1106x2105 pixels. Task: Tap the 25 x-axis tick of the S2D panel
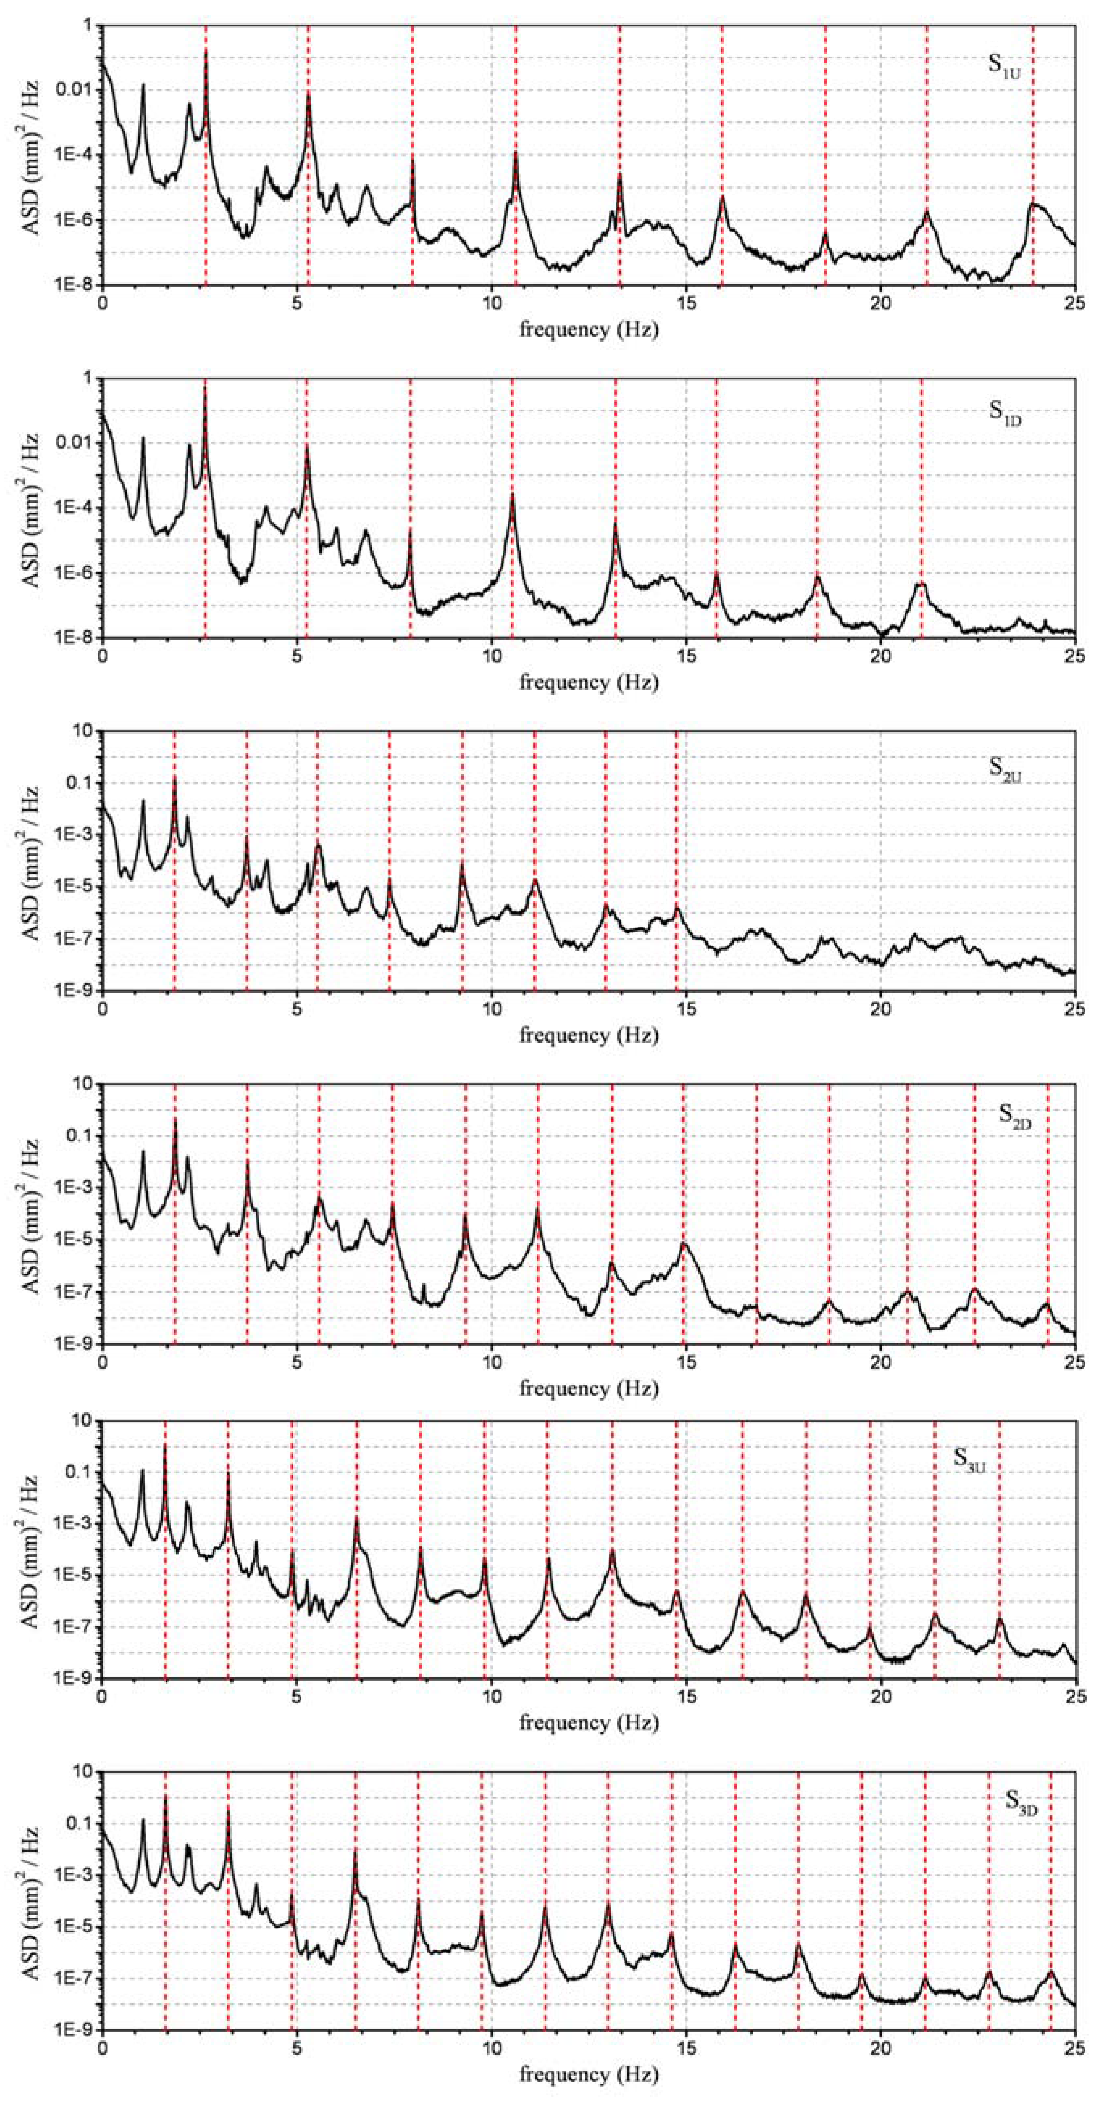pos(1075,1362)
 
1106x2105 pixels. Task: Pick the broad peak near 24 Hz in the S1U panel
pos(1035,204)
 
